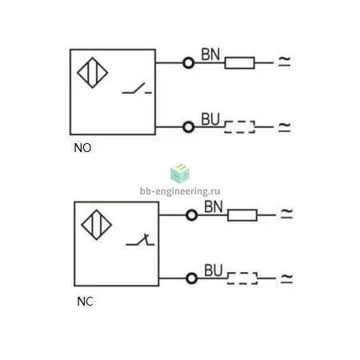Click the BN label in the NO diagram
tap(210, 54)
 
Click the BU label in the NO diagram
tap(210, 119)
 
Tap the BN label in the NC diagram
tap(214, 206)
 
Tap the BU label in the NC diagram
tap(214, 270)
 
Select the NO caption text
tap(82, 148)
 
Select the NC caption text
tap(85, 302)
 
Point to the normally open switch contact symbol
tap(137, 88)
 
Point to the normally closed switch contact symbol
tap(140, 240)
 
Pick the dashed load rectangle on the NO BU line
tap(239, 122)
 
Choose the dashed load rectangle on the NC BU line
tap(242, 273)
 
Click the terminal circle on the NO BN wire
tap(189, 58)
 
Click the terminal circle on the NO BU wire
tap(189, 122)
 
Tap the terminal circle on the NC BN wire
tap(192, 210)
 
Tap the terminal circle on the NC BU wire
tap(192, 273)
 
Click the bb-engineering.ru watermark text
tap(180, 191)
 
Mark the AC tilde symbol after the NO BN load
tap(284, 62)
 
